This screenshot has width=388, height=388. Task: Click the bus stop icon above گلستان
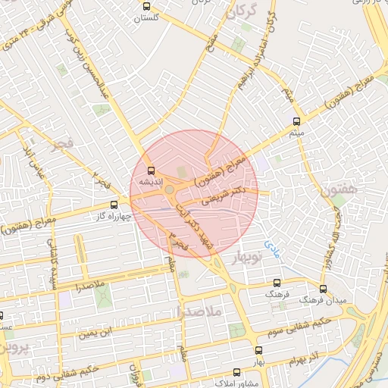(146, 6)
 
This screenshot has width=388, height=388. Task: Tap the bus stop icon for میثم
(296, 121)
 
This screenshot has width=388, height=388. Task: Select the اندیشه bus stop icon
(151, 171)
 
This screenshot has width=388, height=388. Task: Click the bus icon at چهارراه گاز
(114, 204)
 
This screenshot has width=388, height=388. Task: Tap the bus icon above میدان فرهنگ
(323, 289)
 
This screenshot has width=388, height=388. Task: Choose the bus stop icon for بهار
(258, 351)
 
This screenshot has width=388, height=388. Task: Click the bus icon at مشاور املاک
(237, 372)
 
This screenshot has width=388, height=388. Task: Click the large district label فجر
(62, 142)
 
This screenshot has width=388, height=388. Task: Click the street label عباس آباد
(32, 159)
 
